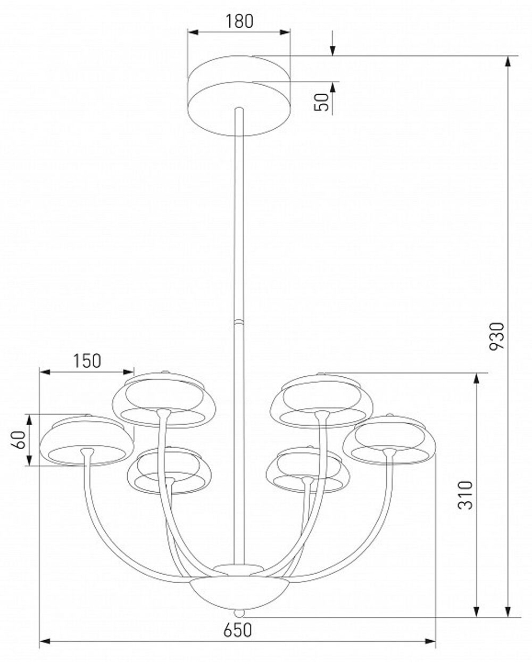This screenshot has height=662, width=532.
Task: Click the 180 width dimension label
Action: pos(239,21)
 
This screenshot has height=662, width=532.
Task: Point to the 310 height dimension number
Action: pos(465,495)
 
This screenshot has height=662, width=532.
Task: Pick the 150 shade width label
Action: pos(87,361)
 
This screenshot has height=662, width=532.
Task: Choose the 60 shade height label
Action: pos(20,440)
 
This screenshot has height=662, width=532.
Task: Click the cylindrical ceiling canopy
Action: pos(239,96)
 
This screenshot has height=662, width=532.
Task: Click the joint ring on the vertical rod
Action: pos(239,321)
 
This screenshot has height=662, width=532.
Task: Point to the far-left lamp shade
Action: pos(87,440)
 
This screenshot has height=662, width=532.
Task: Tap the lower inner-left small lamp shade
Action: pos(169,470)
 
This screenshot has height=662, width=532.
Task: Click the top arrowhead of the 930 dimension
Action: pos(509,60)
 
